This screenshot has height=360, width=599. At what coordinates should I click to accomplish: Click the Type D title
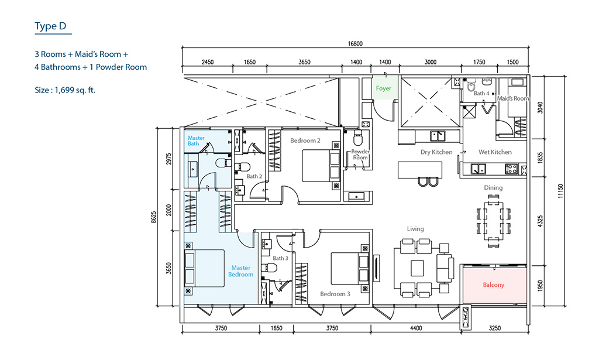coord(50,26)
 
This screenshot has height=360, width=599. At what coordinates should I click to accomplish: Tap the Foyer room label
coord(384,88)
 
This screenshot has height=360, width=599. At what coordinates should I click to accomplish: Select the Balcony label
coord(494,284)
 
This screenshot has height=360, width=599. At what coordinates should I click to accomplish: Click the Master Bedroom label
coord(240,271)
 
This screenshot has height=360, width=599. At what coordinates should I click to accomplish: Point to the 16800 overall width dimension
coord(355,43)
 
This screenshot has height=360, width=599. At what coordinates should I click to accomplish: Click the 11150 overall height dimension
coord(561,191)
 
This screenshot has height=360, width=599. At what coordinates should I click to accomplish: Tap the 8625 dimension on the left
coord(154,217)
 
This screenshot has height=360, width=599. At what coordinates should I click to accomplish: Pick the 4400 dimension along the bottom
coord(416,328)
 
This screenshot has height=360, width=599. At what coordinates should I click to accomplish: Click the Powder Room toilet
coord(357,138)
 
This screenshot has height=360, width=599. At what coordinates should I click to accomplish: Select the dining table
coord(493,220)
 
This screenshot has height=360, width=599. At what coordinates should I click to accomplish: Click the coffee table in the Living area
coord(417,268)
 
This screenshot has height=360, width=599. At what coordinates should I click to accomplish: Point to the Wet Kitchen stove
coord(511,169)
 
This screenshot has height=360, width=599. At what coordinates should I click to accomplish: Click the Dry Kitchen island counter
coord(420,170)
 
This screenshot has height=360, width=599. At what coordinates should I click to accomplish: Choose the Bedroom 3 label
coord(335,294)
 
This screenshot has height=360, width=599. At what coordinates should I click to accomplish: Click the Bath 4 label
coord(481,93)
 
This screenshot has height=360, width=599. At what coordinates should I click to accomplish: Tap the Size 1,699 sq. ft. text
coord(65,90)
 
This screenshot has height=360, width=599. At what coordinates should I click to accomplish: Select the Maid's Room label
coord(513,98)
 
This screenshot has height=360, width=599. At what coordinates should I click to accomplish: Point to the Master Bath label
coord(196,140)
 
